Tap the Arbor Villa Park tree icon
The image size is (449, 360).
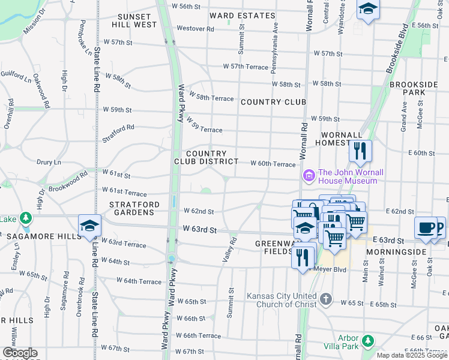pyautogui.click(x=367, y=341)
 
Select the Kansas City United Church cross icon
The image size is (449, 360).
pyautogui.click(x=325, y=299)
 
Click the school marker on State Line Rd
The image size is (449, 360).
pyautogui.click(x=89, y=226)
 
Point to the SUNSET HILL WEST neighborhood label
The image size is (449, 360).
pyautogui.click(x=134, y=20)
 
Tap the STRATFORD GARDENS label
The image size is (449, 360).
pyautogui.click(x=134, y=208)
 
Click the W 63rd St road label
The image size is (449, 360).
pyautogui.click(x=199, y=229)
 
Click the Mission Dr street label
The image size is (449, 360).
pyautogui.click(x=34, y=21)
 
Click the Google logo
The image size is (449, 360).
pyautogui.click(x=20, y=353)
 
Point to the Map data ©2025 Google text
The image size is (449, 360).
pyautogui.click(x=412, y=355)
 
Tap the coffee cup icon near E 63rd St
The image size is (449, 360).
pyautogui.click(x=426, y=228)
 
